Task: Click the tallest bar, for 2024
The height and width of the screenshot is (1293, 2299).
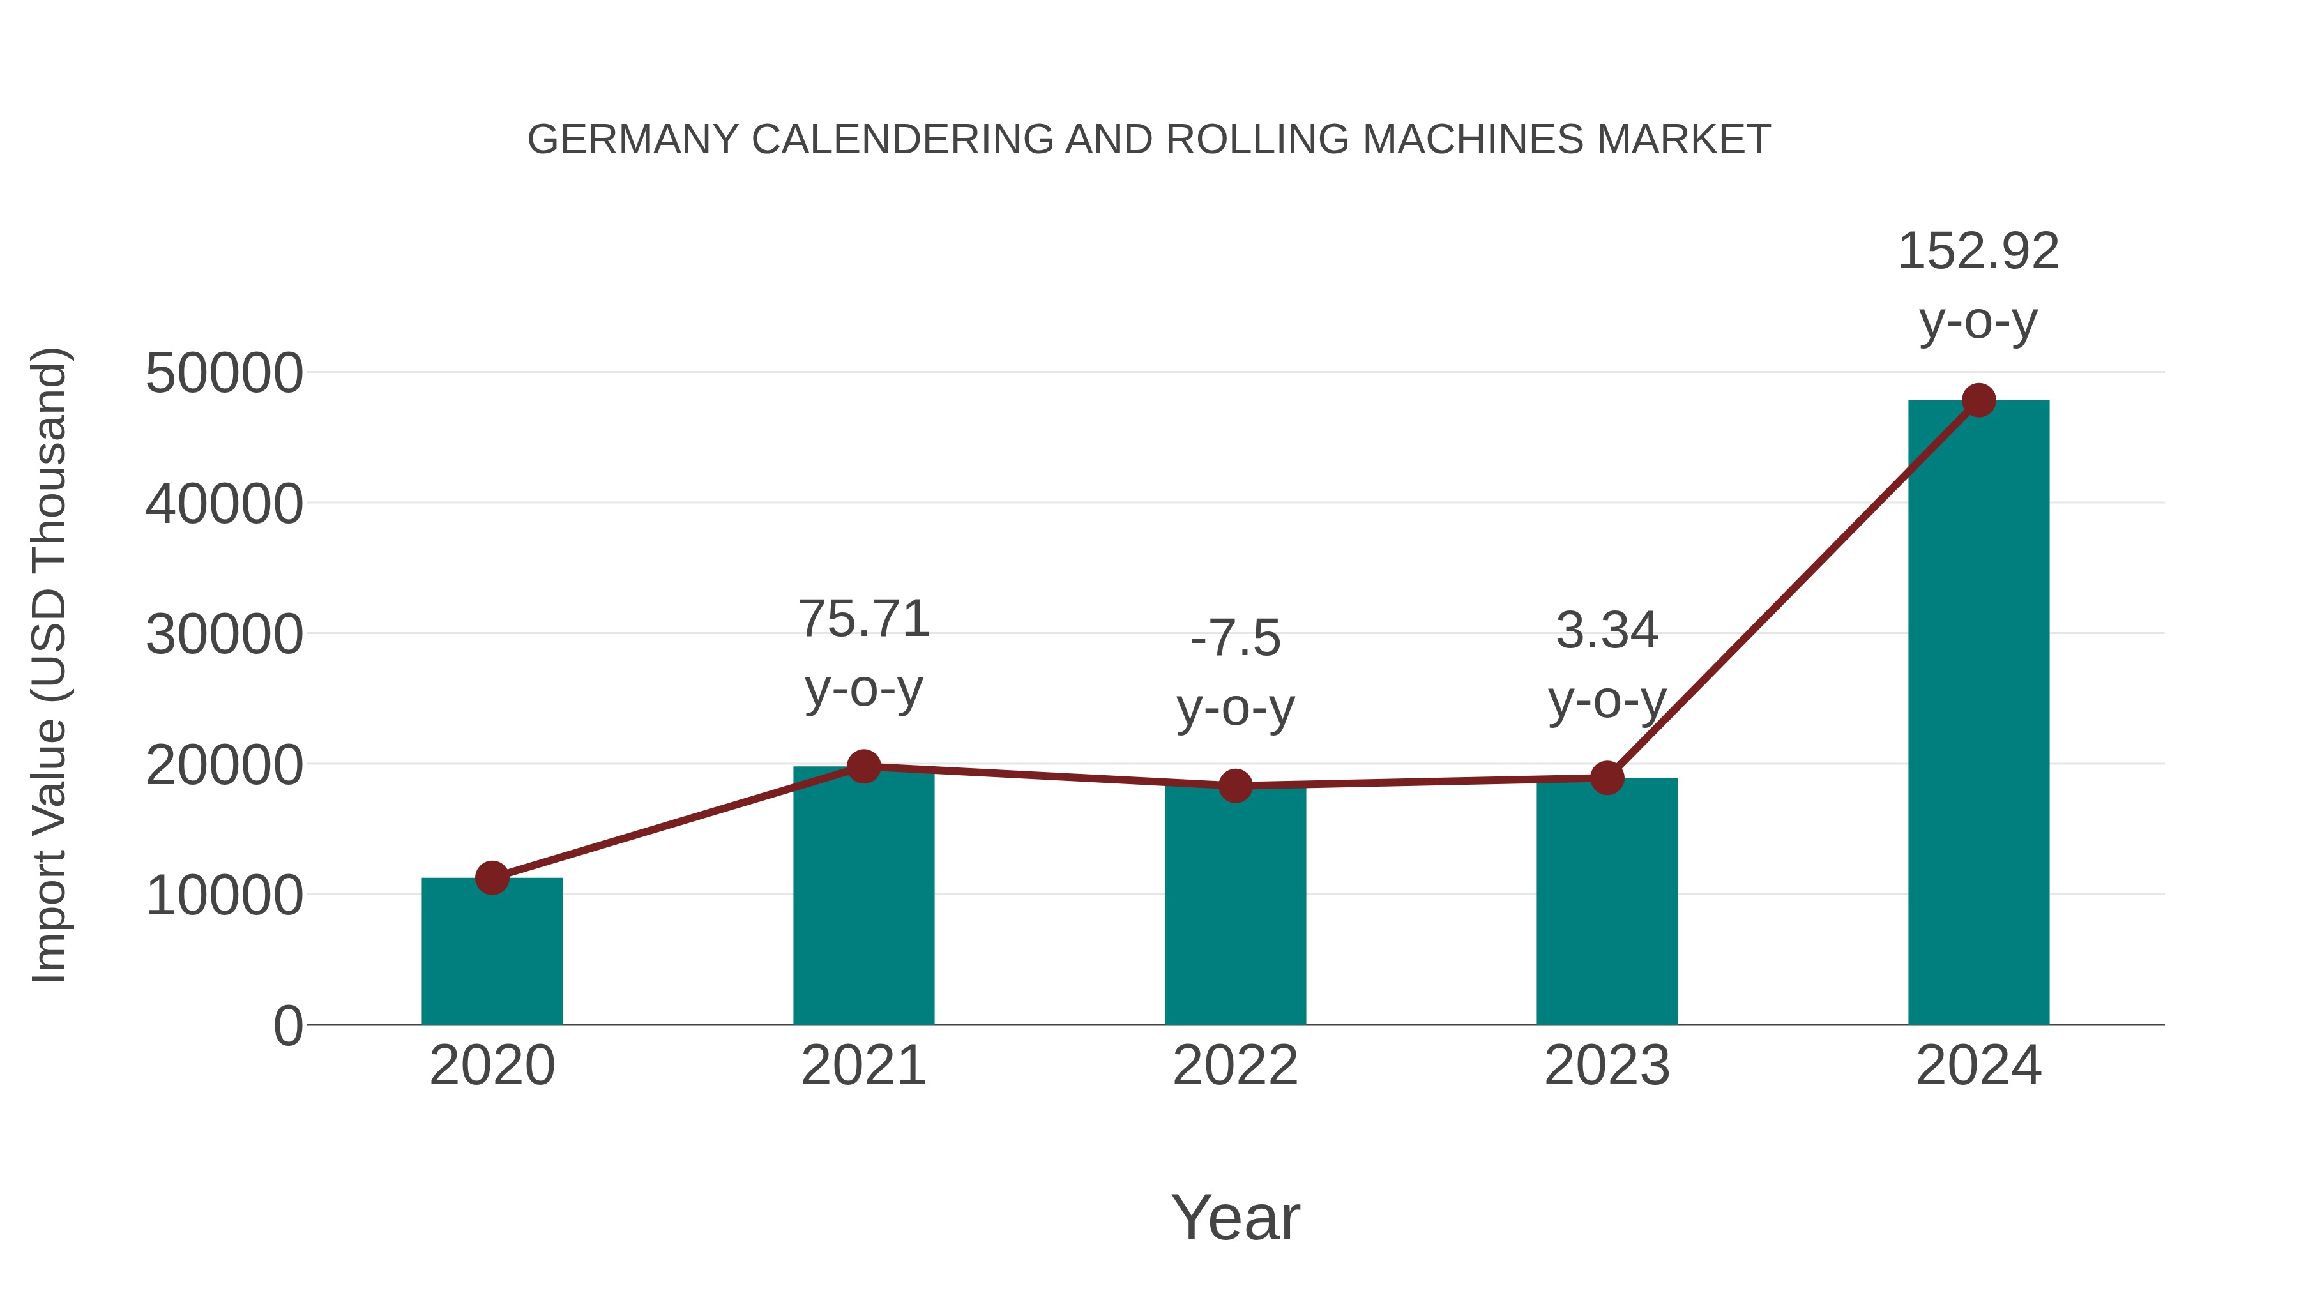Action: click(1978, 714)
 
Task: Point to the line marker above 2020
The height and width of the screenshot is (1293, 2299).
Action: click(492, 878)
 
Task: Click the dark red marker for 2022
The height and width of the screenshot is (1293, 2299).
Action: click(1235, 786)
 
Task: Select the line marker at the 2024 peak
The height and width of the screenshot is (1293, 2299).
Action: click(1978, 400)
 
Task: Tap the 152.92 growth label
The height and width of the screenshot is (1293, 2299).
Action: click(1978, 252)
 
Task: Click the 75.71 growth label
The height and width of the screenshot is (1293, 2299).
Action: click(863, 619)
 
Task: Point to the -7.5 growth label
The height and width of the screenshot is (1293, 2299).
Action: click(1235, 639)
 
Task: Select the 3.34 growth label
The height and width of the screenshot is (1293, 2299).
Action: click(1607, 631)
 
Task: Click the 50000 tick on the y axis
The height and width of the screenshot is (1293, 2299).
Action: click(224, 373)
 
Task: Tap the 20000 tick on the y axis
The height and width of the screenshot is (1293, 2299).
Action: click(224, 766)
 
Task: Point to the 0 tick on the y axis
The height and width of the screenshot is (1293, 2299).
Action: click(287, 1026)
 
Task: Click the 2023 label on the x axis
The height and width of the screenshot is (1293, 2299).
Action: click(1607, 1066)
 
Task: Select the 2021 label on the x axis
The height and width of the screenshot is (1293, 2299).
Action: click(863, 1066)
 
